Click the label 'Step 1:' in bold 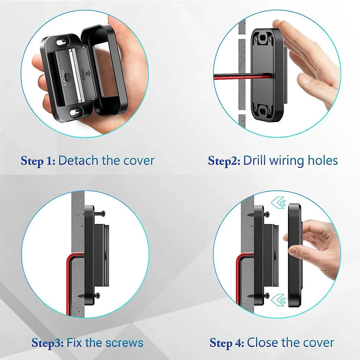tap(38, 161)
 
